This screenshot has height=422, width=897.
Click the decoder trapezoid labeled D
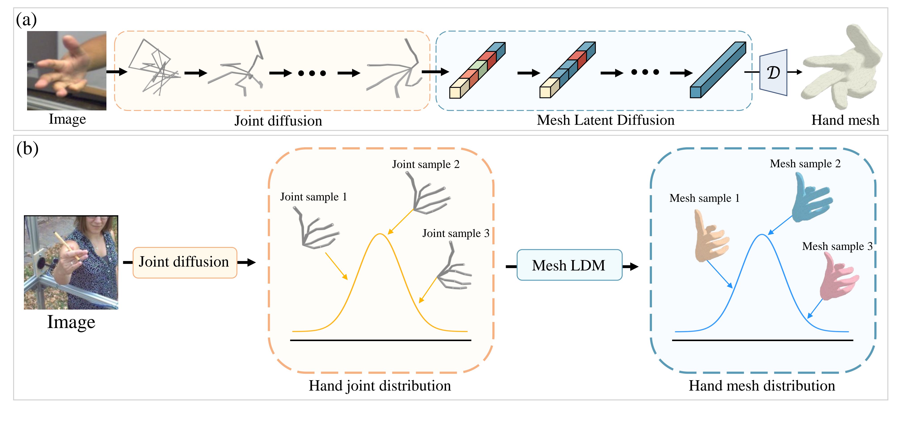(773, 72)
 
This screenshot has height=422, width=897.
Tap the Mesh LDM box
(569, 265)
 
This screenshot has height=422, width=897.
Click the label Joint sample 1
(313, 197)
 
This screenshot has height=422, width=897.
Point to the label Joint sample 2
(425, 164)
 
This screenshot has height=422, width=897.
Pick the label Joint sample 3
(455, 233)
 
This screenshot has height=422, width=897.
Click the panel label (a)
(26, 20)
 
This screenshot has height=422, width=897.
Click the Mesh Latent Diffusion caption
(605, 120)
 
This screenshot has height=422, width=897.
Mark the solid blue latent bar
(717, 70)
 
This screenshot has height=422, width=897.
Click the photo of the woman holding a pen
(71, 262)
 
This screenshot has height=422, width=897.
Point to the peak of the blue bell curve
(762, 235)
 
